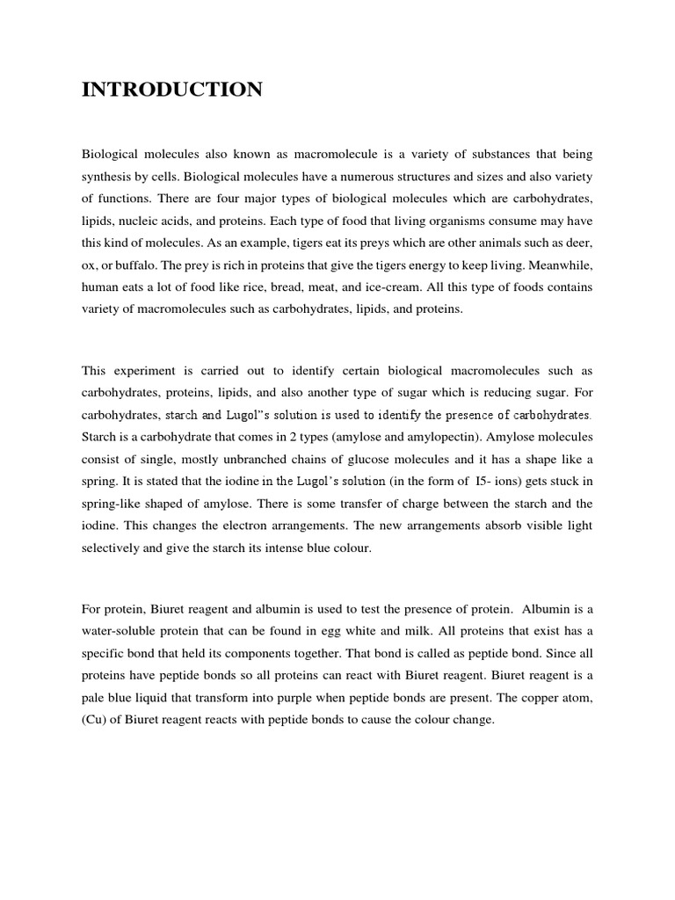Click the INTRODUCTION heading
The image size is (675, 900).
(x=171, y=90)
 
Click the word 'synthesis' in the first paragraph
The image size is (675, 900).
(x=110, y=175)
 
